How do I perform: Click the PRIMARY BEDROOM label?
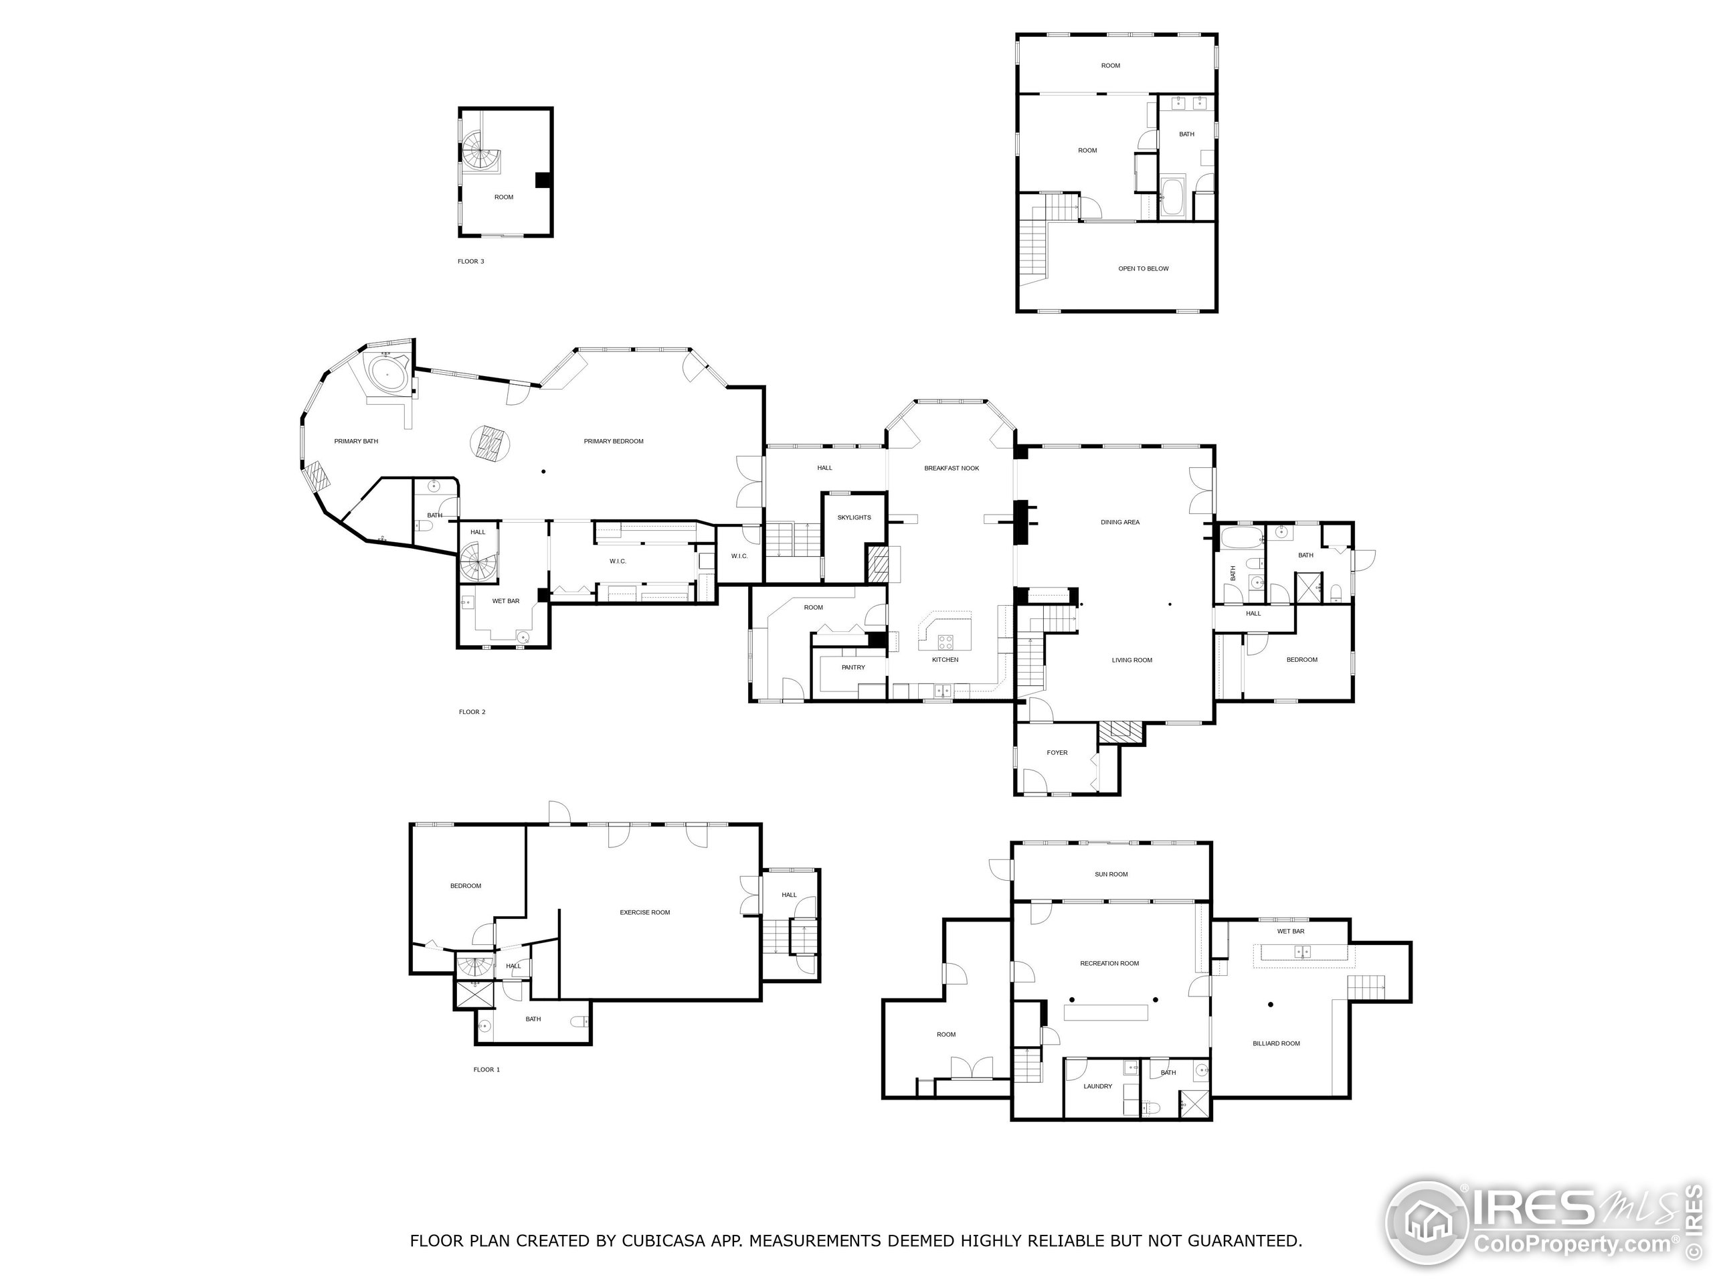point(614,442)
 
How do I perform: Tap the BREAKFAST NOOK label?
point(951,468)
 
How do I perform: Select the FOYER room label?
point(1057,753)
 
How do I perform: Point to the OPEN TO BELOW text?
point(1143,269)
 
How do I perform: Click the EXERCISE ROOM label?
point(644,912)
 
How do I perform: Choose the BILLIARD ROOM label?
point(1275,1043)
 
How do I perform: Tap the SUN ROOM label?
point(1111,875)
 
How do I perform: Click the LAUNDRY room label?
point(1097,1087)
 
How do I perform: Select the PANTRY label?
point(852,668)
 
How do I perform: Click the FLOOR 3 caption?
point(471,262)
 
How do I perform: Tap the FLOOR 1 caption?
point(486,1069)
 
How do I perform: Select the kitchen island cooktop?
point(945,641)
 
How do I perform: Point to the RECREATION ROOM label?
point(1109,964)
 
